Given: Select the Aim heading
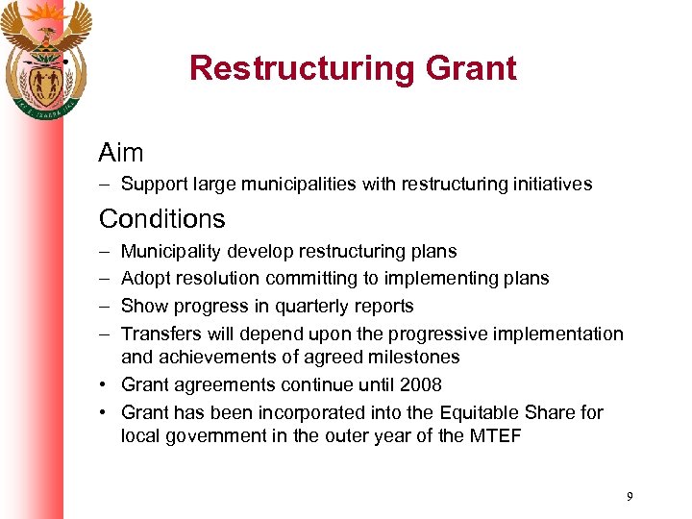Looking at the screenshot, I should click(121, 153).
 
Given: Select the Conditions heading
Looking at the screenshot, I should click(161, 219).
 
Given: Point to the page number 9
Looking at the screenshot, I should click(629, 497).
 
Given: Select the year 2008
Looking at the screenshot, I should click(420, 385).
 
